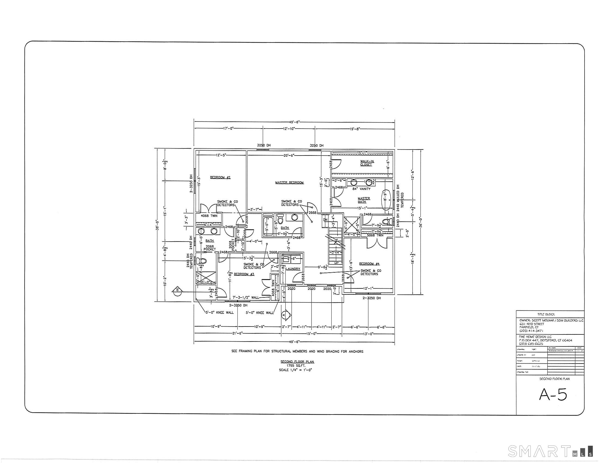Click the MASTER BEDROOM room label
point(289,183)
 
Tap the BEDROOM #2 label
point(220,178)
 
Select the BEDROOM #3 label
point(244,274)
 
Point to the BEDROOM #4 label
point(369,264)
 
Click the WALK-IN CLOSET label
point(367,163)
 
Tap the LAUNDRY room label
point(293,269)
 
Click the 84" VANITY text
point(361,189)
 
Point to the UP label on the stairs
point(337,263)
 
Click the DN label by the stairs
point(325,220)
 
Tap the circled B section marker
point(178,290)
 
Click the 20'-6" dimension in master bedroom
point(289,155)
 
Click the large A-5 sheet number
point(553,395)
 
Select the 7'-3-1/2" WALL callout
point(246,297)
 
